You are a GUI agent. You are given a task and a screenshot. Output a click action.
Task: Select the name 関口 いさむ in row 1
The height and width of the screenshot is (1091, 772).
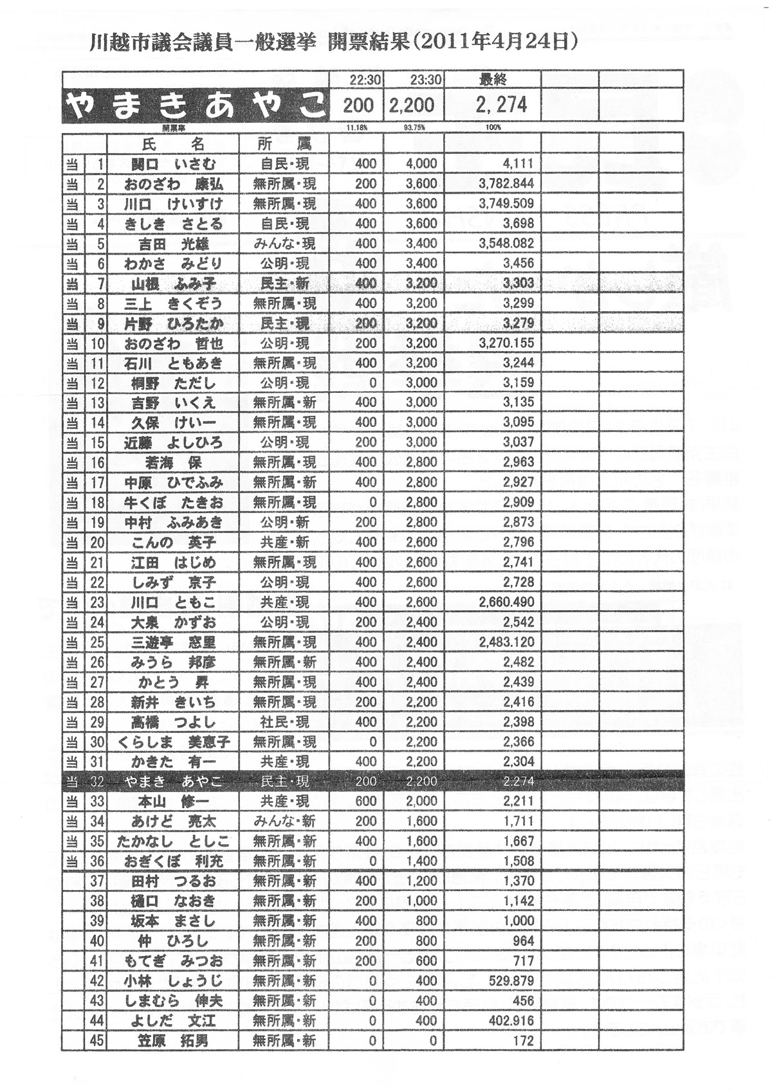tap(174, 163)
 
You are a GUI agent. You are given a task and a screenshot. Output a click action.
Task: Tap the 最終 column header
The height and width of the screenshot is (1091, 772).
tap(493, 80)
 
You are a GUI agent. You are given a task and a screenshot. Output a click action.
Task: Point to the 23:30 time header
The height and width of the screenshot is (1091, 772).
tap(425, 80)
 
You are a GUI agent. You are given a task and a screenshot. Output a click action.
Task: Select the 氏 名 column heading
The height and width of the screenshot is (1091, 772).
tap(172, 143)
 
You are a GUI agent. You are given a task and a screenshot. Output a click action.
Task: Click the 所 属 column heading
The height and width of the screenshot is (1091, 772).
tap(284, 143)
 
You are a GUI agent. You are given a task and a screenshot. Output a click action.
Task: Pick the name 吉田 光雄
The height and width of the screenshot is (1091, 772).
tap(174, 244)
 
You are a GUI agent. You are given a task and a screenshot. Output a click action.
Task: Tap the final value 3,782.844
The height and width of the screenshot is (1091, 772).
tap(506, 184)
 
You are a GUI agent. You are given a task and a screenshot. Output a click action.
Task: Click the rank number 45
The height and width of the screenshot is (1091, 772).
tap(96, 1040)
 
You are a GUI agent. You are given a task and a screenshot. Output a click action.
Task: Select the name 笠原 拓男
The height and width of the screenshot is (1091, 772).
tap(174, 1040)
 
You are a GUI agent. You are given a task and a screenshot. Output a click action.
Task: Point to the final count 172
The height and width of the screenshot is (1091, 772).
tap(524, 1040)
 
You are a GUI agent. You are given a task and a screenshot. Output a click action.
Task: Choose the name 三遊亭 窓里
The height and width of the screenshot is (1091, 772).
tap(174, 642)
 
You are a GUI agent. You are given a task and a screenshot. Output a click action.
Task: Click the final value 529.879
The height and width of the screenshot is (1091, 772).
tap(511, 980)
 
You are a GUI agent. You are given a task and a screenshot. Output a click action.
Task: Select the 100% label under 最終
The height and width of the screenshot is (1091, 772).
tap(493, 127)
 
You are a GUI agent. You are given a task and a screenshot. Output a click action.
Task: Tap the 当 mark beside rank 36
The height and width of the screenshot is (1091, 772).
tap(72, 861)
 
